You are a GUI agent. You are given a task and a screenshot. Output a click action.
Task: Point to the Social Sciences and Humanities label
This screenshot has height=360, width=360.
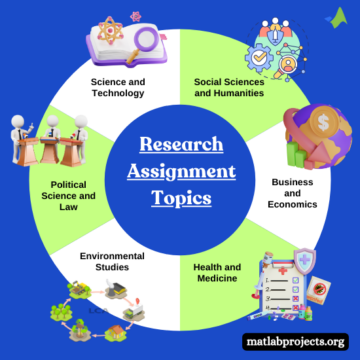tap(229, 87)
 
